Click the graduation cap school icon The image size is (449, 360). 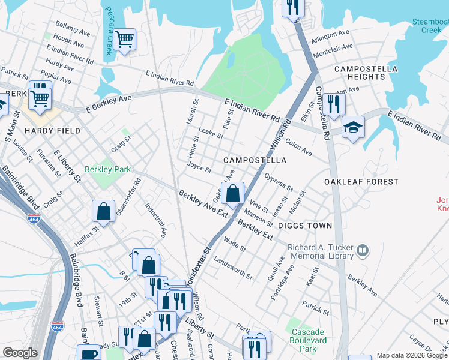354,127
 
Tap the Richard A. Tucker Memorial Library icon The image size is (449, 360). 362,250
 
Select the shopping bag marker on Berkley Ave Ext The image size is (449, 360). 232,193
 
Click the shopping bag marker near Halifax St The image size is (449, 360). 103,211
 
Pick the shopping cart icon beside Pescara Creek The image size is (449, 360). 125,39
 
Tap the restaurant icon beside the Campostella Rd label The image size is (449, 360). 334,103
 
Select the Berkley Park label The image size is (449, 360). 107,170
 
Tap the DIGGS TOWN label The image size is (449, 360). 304,226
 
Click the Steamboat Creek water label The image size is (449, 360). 430,26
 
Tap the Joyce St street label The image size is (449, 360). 199,167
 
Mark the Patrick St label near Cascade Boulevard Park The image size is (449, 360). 316,308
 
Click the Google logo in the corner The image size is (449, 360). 20,353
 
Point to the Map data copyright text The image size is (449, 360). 412,355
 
